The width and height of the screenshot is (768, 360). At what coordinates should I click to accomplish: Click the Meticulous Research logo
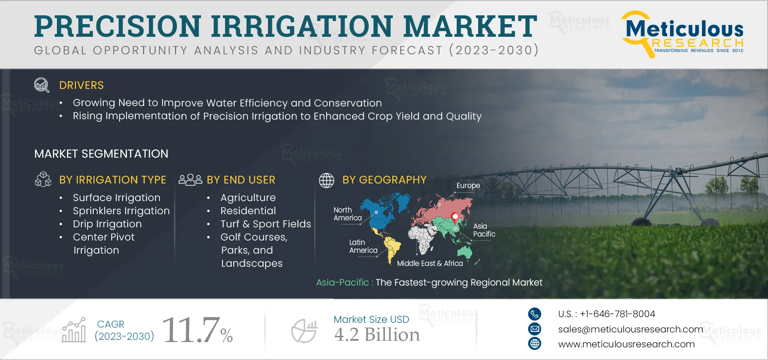pos(682,34)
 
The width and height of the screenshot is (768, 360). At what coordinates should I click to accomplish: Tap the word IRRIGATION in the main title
pos(303,26)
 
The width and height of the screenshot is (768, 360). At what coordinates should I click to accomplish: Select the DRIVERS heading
pos(81,85)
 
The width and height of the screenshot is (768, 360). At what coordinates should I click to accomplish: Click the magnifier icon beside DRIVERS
pos(42,85)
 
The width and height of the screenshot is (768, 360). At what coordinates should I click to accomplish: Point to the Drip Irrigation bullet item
pos(107,224)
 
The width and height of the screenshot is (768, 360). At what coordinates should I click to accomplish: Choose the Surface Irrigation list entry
pos(116,198)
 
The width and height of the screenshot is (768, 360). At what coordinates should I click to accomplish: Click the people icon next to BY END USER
pos(190,180)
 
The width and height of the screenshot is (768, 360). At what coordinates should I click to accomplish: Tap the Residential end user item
pos(248,211)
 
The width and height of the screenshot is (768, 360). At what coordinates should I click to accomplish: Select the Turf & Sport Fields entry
pos(266,224)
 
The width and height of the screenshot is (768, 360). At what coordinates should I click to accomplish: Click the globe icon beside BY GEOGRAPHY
pos(327,180)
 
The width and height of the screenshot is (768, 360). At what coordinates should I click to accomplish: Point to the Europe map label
pos(468,185)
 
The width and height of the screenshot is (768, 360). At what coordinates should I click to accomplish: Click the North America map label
pos(348,214)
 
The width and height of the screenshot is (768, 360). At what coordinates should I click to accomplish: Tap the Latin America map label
pos(363,246)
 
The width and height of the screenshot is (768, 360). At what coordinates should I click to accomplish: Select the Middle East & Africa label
pos(430,263)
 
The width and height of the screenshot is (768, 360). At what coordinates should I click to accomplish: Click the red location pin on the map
pos(455,217)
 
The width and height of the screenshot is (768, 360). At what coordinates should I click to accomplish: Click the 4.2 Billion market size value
pos(377,335)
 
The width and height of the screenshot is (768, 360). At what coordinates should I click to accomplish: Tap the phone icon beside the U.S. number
pos(535,314)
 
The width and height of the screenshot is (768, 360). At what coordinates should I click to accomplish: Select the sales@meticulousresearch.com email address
pos(631,329)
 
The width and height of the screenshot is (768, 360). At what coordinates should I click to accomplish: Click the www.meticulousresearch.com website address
pos(626,344)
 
